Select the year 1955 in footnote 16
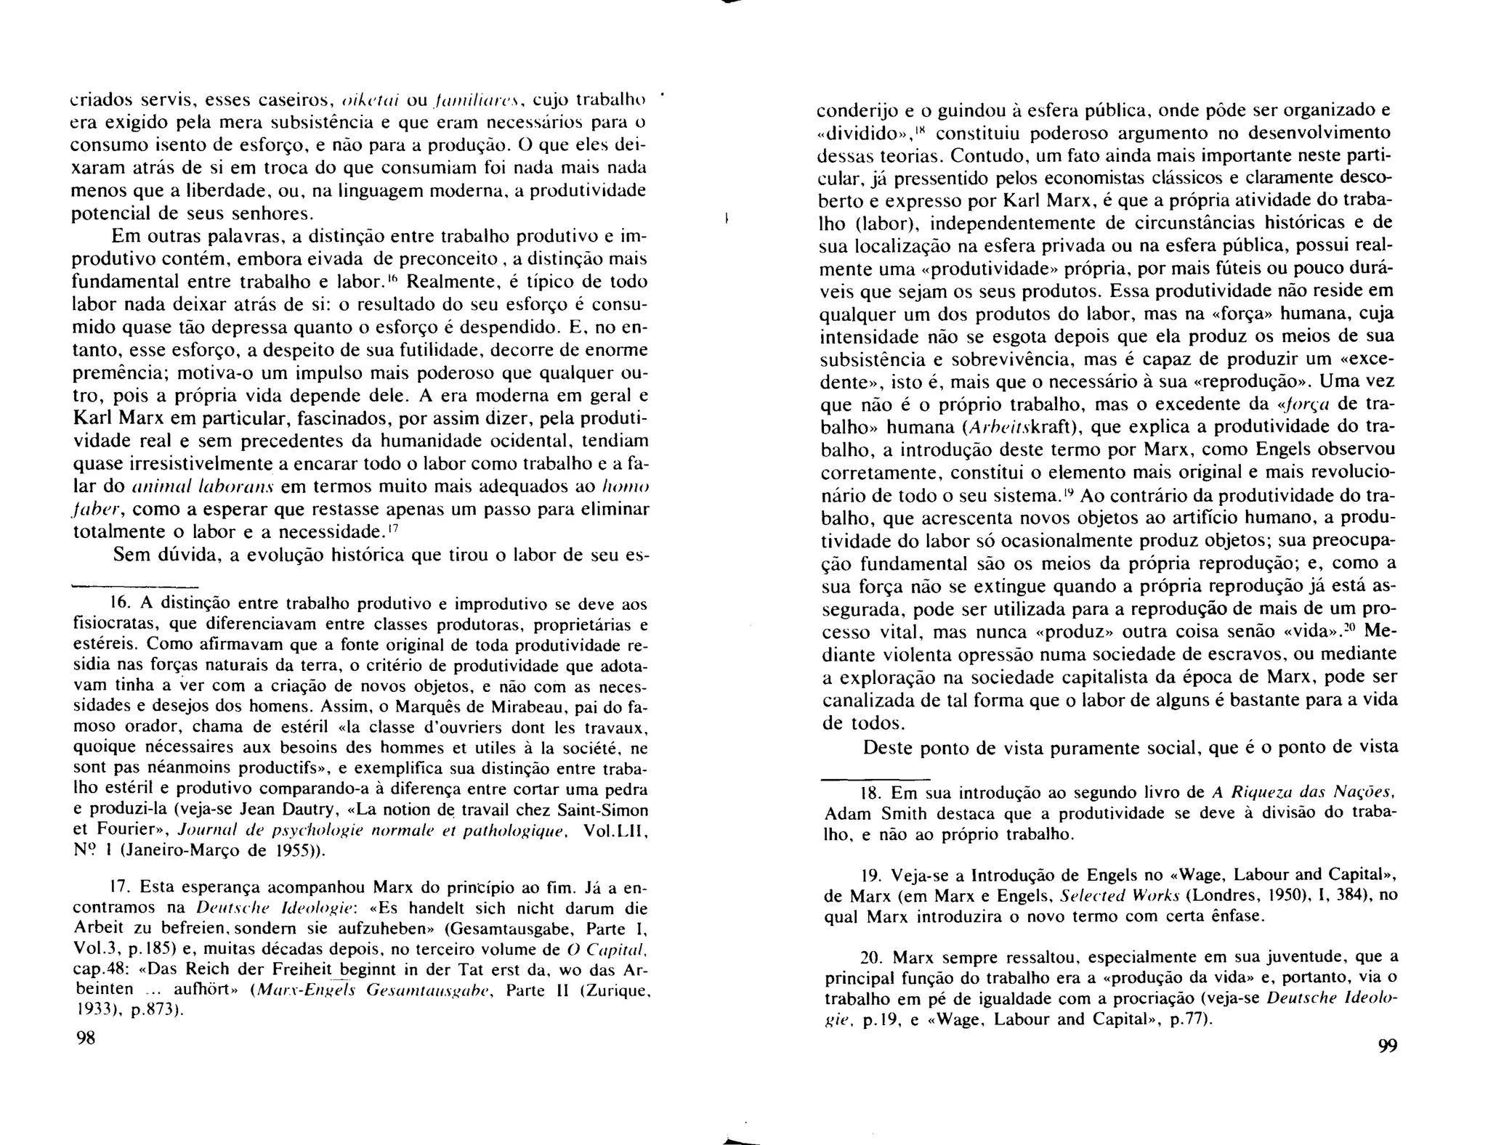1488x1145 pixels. pos(299,850)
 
